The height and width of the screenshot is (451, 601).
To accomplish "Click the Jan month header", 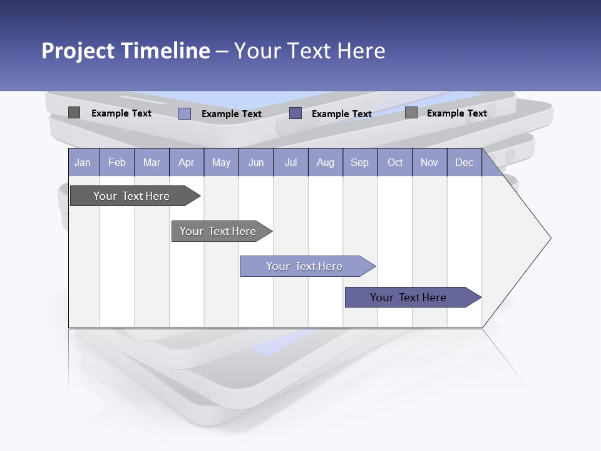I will (83, 162).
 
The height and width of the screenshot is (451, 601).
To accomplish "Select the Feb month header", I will (117, 162).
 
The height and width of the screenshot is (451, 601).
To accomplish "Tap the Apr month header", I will (186, 162).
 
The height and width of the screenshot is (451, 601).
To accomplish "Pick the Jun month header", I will (256, 162).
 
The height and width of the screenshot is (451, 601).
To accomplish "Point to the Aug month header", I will (325, 162).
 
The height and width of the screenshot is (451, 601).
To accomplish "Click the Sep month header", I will (359, 162).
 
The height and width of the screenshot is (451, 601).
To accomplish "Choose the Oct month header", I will (395, 162).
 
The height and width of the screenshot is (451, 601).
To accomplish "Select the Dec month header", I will (464, 162).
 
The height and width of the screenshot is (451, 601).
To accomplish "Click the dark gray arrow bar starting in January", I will (131, 196).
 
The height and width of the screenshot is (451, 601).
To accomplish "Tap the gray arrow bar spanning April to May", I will (218, 231).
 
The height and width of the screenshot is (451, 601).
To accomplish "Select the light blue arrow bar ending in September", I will (304, 266).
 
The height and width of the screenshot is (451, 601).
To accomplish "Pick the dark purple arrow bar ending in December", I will (408, 298).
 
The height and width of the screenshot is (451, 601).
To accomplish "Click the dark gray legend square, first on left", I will (74, 113).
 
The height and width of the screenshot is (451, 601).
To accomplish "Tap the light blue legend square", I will (185, 113).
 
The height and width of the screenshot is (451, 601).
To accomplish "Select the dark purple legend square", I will (295, 113).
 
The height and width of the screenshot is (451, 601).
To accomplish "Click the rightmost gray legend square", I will (411, 113).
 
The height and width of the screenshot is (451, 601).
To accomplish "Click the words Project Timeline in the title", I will (126, 51).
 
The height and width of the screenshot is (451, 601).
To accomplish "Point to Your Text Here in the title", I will (310, 51).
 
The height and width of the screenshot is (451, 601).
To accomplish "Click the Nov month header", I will (429, 162).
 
